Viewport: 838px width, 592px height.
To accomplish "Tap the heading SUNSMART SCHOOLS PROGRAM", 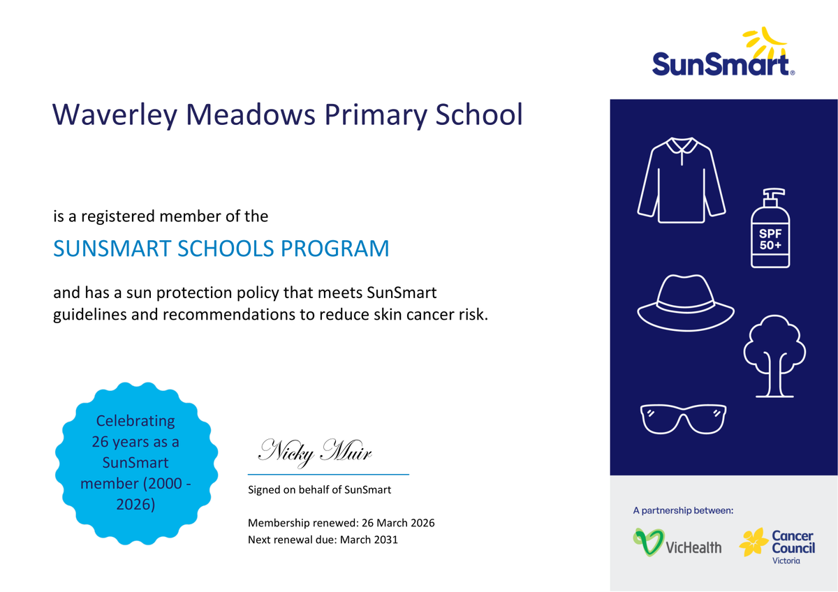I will [x=221, y=249].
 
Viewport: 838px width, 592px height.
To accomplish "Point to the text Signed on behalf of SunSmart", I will [x=320, y=490].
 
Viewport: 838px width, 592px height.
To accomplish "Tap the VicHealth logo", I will [x=677, y=543].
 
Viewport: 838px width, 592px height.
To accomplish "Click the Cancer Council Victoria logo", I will [x=777, y=545].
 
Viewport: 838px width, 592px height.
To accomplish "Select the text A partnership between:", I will [x=683, y=511].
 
